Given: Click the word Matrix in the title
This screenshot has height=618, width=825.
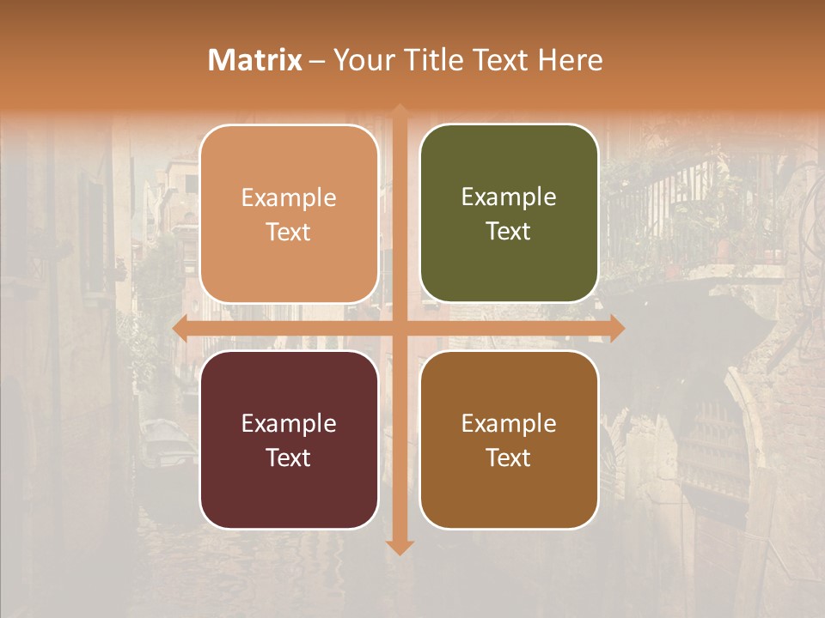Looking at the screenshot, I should pyautogui.click(x=255, y=60).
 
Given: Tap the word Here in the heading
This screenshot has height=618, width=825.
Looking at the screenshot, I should pyautogui.click(x=570, y=60).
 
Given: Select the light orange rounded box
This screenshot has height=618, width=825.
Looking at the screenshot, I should pyautogui.click(x=289, y=214).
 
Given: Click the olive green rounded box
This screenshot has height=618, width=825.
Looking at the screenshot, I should pyautogui.click(x=509, y=214).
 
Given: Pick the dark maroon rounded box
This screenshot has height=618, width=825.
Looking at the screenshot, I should pyautogui.click(x=289, y=439).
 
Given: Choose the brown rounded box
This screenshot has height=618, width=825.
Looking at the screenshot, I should pyautogui.click(x=509, y=439).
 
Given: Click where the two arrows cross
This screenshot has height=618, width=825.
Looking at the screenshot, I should pyautogui.click(x=400, y=328).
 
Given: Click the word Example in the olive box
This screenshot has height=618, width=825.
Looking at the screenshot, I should pyautogui.click(x=509, y=197).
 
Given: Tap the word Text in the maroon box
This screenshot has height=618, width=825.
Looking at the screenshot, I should pyautogui.click(x=288, y=457).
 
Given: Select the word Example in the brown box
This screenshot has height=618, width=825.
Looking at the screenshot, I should pyautogui.click(x=509, y=423).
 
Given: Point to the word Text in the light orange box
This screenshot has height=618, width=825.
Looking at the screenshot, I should pyautogui.click(x=288, y=232).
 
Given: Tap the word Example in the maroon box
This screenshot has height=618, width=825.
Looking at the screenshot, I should pyautogui.click(x=288, y=423).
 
